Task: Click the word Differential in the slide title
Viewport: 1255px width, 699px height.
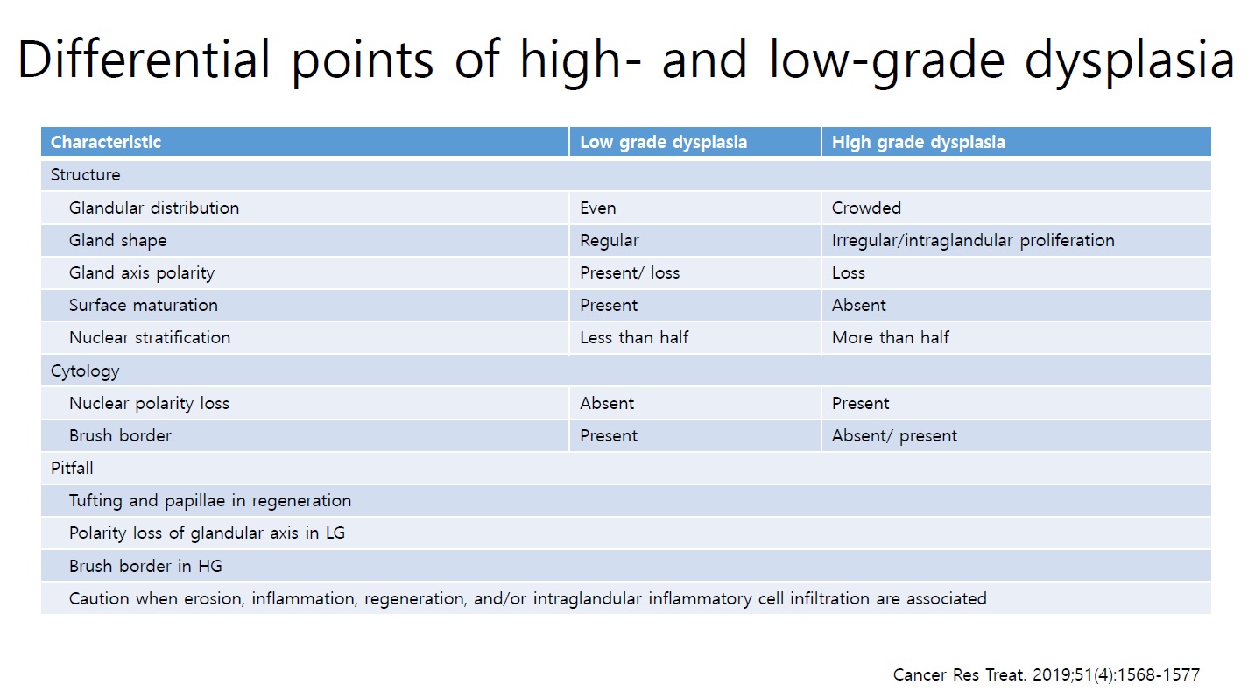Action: pyautogui.click(x=145, y=60)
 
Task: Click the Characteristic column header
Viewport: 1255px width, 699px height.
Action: pyautogui.click(x=106, y=142)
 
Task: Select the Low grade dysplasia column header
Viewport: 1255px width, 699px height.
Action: pyautogui.click(x=663, y=143)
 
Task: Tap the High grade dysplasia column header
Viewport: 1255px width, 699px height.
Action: pyautogui.click(x=919, y=143)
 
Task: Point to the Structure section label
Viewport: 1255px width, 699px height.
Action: pyautogui.click(x=85, y=175)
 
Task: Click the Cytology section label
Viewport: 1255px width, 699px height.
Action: pyautogui.click(x=85, y=371)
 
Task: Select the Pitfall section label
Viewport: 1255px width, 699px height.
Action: pyautogui.click(x=72, y=468)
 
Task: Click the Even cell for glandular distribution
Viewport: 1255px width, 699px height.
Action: pyautogui.click(x=598, y=208)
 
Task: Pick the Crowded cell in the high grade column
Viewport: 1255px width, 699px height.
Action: pyautogui.click(x=866, y=208)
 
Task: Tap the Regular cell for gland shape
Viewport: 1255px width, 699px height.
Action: pyautogui.click(x=609, y=241)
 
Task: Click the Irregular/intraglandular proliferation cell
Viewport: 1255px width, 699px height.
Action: pyautogui.click(x=973, y=241)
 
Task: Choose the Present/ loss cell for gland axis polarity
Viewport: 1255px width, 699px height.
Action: pyautogui.click(x=630, y=273)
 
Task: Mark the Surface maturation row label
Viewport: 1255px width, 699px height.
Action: pyautogui.click(x=144, y=306)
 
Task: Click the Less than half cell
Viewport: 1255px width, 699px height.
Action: pyautogui.click(x=634, y=337)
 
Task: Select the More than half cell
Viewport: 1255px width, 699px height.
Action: pyautogui.click(x=891, y=337)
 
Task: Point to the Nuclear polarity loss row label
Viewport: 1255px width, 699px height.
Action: pyautogui.click(x=149, y=404)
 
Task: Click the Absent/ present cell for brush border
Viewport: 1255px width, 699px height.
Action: pyautogui.click(x=894, y=436)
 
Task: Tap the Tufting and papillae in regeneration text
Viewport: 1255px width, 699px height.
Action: pyautogui.click(x=210, y=500)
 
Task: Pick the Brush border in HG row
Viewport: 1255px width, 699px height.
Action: pyautogui.click(x=145, y=566)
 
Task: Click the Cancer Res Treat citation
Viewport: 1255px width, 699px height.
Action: pyautogui.click(x=1046, y=674)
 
